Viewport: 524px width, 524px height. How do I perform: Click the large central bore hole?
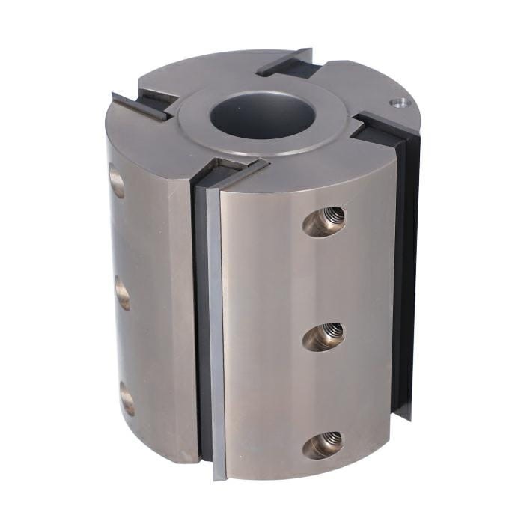click(262, 116)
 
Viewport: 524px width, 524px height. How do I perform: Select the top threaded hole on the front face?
click(326, 222)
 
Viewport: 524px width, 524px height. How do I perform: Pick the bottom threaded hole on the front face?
click(323, 445)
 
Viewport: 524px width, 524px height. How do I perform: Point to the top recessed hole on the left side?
click(116, 182)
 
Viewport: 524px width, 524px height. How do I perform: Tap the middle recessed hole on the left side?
click(122, 293)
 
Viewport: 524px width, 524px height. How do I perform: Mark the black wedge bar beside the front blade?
click(201, 322)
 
